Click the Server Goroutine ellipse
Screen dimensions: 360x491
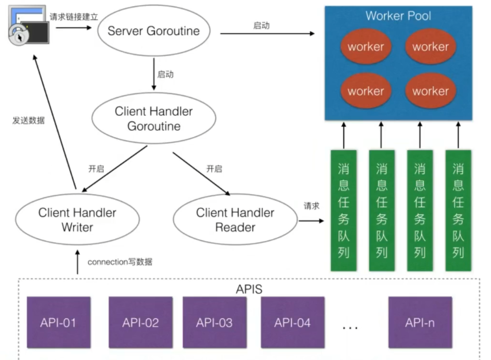click(x=154, y=31)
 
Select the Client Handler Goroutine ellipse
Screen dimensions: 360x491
click(x=154, y=118)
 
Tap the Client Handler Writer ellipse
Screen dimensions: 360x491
click(x=77, y=220)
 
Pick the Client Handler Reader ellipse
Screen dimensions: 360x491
click(x=235, y=220)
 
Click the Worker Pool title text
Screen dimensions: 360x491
click(x=398, y=16)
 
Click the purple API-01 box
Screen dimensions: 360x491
click(x=58, y=322)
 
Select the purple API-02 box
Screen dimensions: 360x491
click(x=140, y=322)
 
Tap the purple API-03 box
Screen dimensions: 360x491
click(x=214, y=322)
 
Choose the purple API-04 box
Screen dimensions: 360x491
click(x=293, y=322)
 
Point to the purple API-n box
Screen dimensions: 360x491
click(x=420, y=322)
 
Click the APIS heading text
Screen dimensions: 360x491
click(x=249, y=289)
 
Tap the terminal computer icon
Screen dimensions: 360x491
click(x=29, y=25)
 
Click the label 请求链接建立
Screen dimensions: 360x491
click(x=74, y=17)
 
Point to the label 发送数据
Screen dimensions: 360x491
click(x=29, y=120)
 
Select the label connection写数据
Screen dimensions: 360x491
click(x=120, y=262)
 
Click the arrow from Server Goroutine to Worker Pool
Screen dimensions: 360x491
click(x=267, y=34)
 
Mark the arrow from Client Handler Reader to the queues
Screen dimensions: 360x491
click(x=311, y=220)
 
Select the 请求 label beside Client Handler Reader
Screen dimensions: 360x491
click(x=311, y=206)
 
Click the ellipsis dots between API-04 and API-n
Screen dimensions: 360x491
click(x=350, y=328)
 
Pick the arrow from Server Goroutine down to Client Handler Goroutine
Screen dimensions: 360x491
click(x=154, y=74)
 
